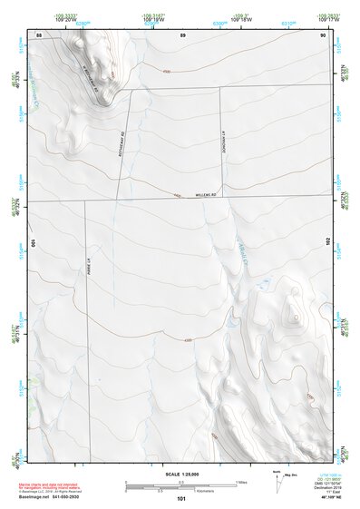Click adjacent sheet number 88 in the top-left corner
pyautogui.click(x=39, y=34)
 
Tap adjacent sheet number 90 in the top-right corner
pyautogui.click(x=323, y=34)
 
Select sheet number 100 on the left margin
pyautogui.click(x=33, y=243)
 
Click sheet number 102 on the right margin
pyautogui.click(x=328, y=242)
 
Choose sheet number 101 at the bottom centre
pyautogui.click(x=181, y=498)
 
